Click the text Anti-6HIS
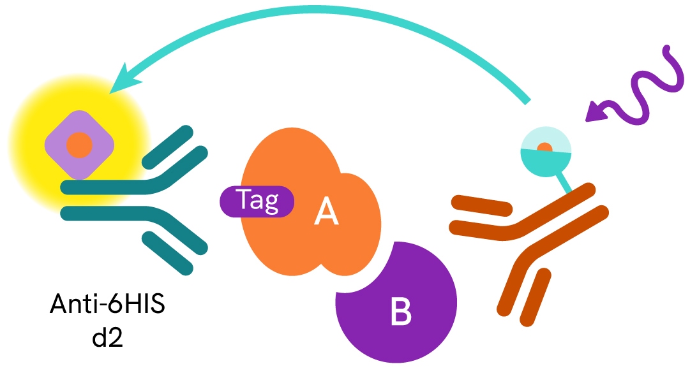click(x=107, y=305)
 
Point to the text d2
click(x=107, y=335)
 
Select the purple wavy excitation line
click(x=645, y=89)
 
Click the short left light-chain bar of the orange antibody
click(x=483, y=205)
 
